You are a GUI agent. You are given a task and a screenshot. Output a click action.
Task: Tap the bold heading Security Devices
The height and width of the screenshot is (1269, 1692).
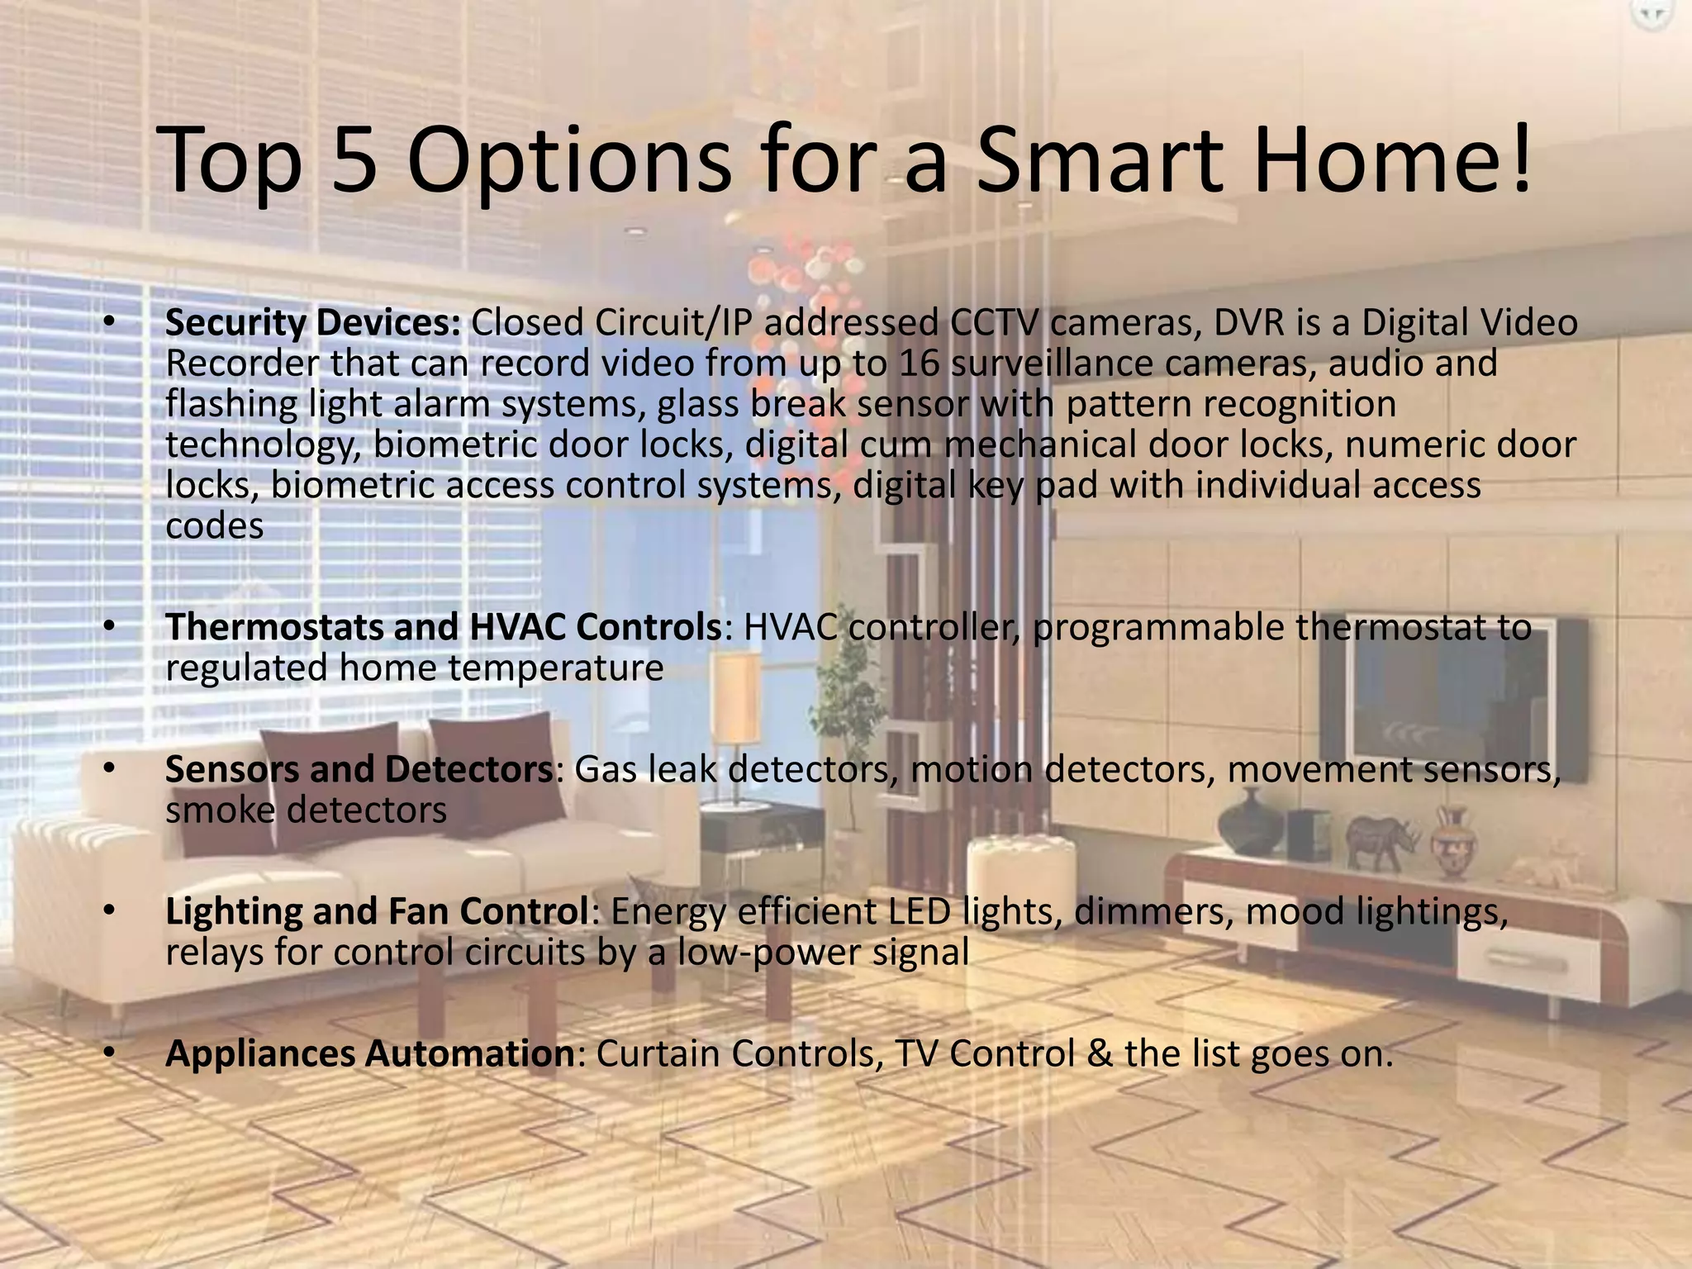click(313, 323)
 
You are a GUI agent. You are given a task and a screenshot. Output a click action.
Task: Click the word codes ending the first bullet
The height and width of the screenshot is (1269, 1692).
click(215, 526)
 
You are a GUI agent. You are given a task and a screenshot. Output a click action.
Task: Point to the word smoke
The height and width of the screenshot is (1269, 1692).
click(220, 810)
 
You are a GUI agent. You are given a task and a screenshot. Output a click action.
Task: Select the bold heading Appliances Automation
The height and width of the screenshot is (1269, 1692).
click(370, 1054)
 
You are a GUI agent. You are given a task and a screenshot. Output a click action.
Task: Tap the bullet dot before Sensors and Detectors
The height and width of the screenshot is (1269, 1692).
click(108, 770)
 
